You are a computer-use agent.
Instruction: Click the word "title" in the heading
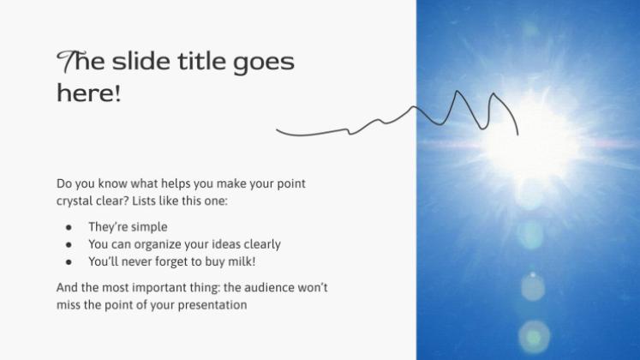201,61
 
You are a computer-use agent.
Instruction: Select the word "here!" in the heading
88,93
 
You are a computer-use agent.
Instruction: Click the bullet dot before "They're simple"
69,228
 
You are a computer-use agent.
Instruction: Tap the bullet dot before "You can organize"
69,245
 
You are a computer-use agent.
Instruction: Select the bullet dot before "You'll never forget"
69,262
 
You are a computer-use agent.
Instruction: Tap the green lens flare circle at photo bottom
534,337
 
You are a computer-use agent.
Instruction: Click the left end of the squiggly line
277,130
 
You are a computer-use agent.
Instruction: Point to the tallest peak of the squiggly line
457,91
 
